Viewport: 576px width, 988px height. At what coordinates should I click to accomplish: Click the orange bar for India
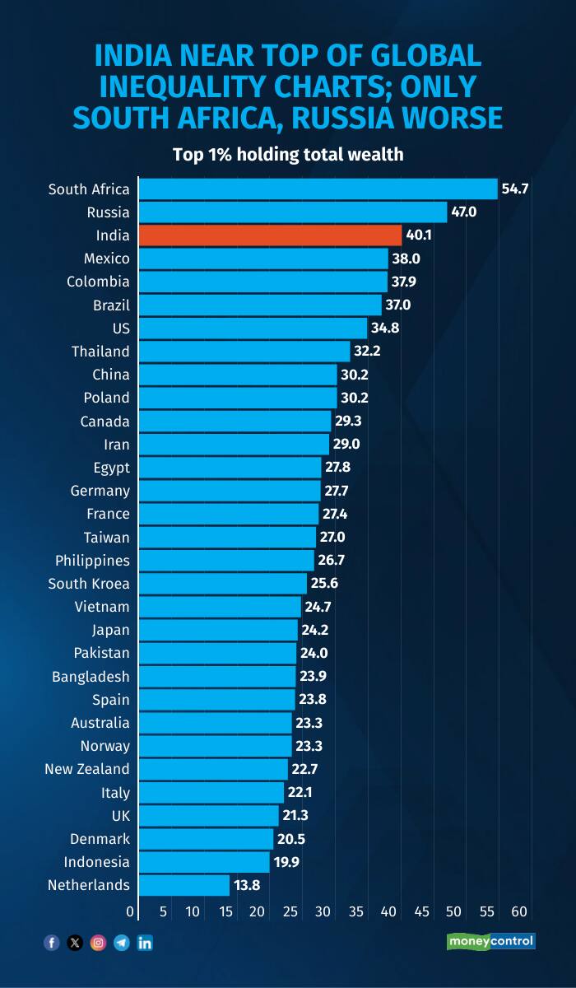pyautogui.click(x=270, y=235)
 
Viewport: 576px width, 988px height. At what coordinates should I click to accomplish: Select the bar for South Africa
pyautogui.click(x=318, y=189)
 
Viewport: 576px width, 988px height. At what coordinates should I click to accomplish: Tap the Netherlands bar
pyautogui.click(x=183, y=885)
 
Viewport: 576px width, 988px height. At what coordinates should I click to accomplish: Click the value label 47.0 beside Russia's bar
pyautogui.click(x=463, y=212)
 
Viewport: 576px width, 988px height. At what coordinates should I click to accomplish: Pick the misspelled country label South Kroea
pyautogui.click(x=88, y=584)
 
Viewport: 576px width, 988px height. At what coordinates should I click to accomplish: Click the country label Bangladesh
pyautogui.click(x=91, y=677)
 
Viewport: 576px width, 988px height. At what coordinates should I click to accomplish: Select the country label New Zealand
pyautogui.click(x=87, y=769)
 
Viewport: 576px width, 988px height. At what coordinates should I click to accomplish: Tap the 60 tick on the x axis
pyautogui.click(x=519, y=911)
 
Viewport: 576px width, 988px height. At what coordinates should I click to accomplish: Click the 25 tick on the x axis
pyautogui.click(x=290, y=911)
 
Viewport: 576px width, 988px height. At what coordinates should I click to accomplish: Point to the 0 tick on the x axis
pyautogui.click(x=130, y=911)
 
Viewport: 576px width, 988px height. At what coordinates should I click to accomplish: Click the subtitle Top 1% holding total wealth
pyautogui.click(x=287, y=154)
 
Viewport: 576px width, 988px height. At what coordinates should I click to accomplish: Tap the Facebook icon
pyautogui.click(x=51, y=943)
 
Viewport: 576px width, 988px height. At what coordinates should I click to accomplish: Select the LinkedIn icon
pyautogui.click(x=145, y=943)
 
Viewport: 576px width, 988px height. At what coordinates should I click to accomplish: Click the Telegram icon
pyautogui.click(x=122, y=943)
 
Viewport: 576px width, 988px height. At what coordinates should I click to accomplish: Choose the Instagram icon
pyautogui.click(x=98, y=943)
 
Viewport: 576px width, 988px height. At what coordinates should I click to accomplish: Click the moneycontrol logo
pyautogui.click(x=490, y=941)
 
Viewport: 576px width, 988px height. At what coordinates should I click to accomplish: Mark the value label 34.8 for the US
pyautogui.click(x=383, y=328)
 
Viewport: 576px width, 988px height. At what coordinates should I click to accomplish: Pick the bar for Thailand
pyautogui.click(x=244, y=352)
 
